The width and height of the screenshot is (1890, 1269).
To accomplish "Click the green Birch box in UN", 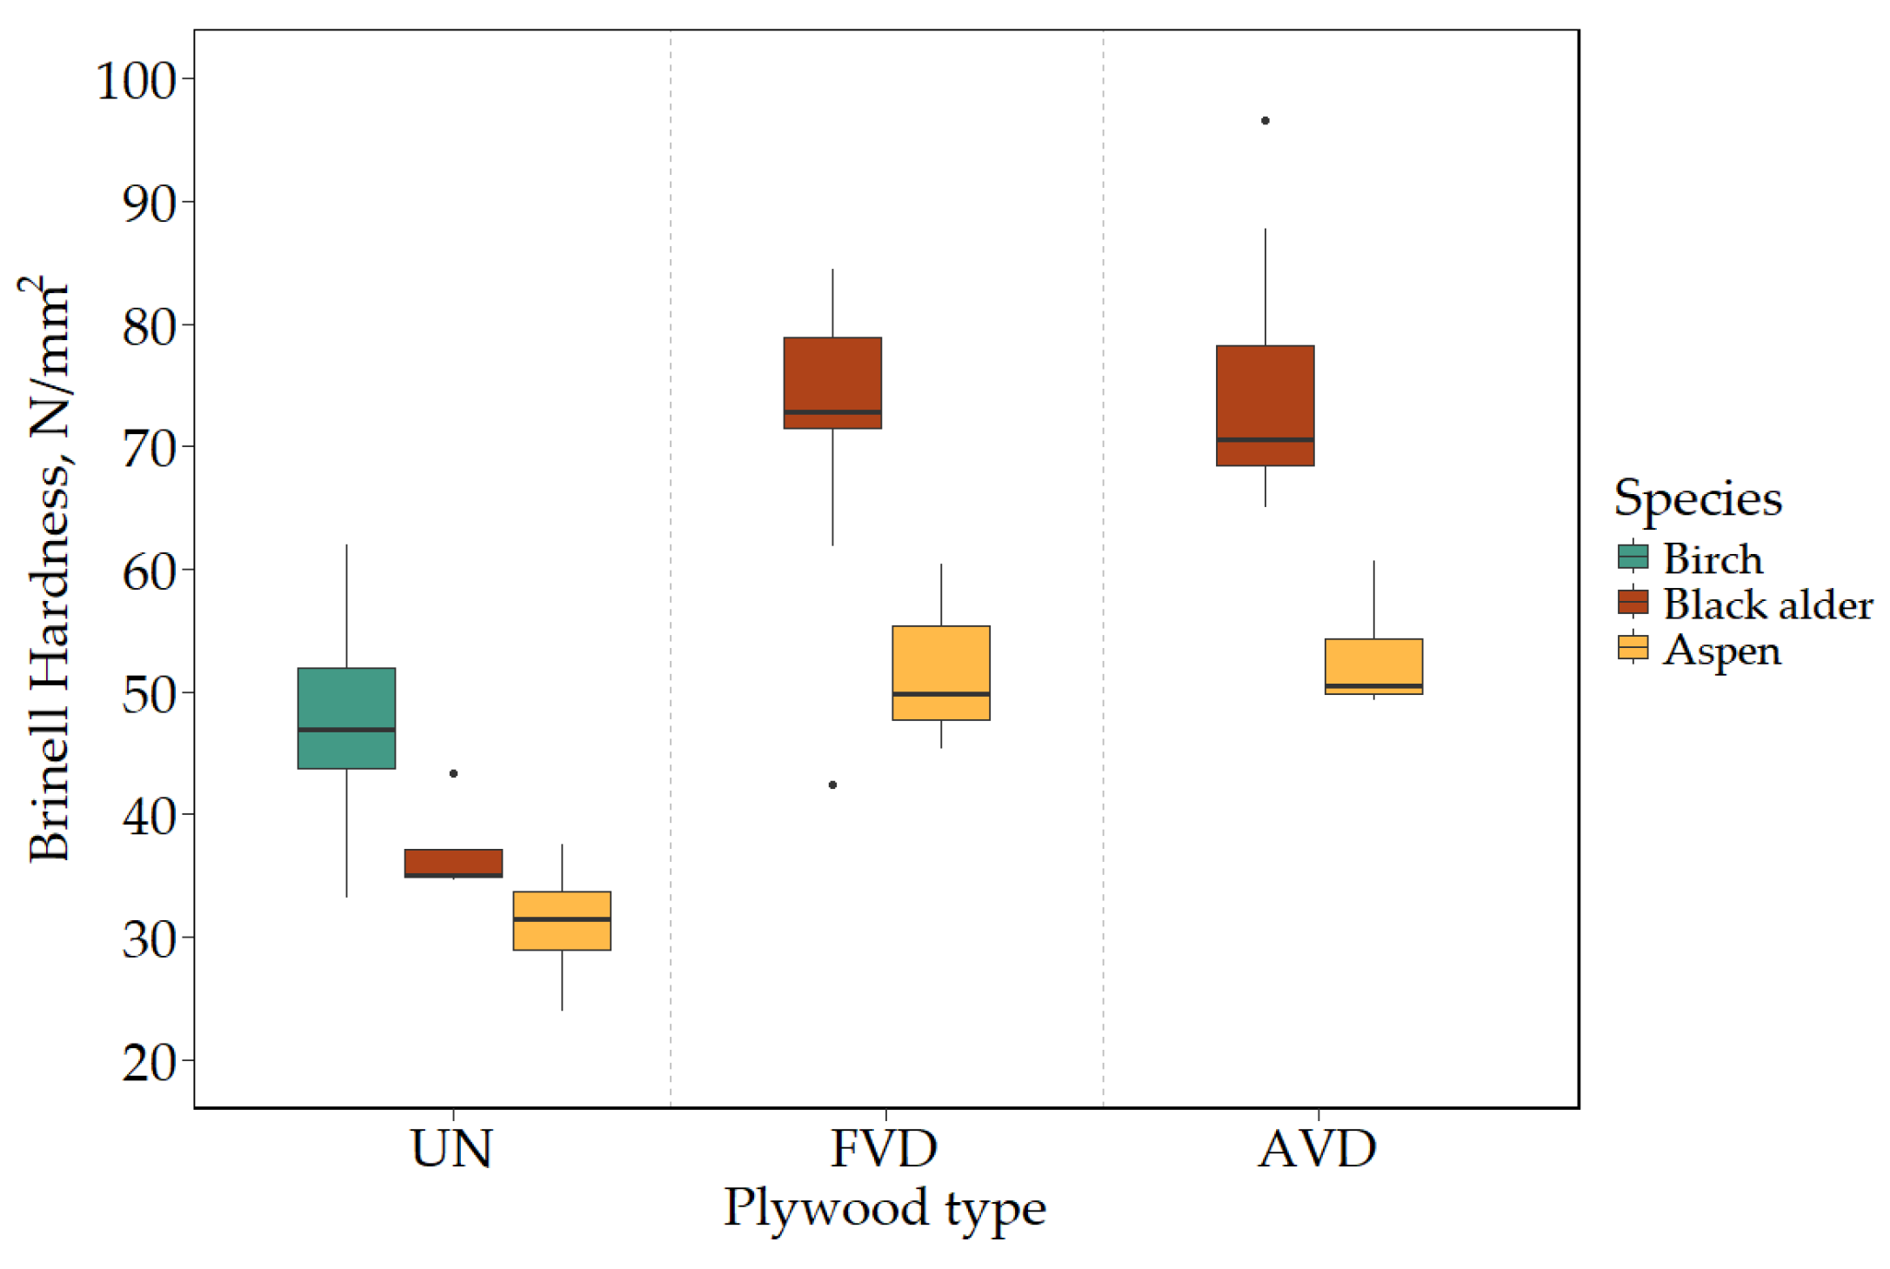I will pos(346,718).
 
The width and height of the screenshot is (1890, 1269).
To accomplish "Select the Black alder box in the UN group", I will pos(453,862).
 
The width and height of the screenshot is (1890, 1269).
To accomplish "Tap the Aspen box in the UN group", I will pos(562,920).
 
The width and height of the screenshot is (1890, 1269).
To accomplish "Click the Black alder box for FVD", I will pos(832,383).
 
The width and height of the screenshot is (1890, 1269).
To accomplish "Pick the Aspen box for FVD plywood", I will pos(941,672).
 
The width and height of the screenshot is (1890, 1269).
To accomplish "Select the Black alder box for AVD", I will pos(1265,405).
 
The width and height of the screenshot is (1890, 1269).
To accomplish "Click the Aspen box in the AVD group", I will pos(1373,665).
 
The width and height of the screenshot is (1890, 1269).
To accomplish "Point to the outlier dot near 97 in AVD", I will pos(1265,121).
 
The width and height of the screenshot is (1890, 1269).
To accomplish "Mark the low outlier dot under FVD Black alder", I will pos(832,785).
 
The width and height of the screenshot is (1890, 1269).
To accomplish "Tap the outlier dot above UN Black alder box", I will pos(453,773).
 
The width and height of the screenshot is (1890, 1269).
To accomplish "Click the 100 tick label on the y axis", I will pos(135,81).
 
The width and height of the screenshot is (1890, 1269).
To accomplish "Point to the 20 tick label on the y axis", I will pos(148,1062).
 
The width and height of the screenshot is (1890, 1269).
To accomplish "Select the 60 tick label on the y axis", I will pos(148,572).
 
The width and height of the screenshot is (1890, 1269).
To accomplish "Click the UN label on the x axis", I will pos(451,1149).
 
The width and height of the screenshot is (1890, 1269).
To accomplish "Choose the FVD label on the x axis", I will pos(885,1149).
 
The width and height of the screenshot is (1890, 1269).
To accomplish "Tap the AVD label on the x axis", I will pos(1317,1149).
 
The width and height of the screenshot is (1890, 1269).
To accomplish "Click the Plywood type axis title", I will pos(885,1209).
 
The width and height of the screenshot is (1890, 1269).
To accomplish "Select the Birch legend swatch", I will pos(1633,557).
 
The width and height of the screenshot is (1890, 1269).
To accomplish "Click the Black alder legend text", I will pos(1767,604).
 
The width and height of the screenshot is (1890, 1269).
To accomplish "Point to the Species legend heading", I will pos(1697,499).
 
